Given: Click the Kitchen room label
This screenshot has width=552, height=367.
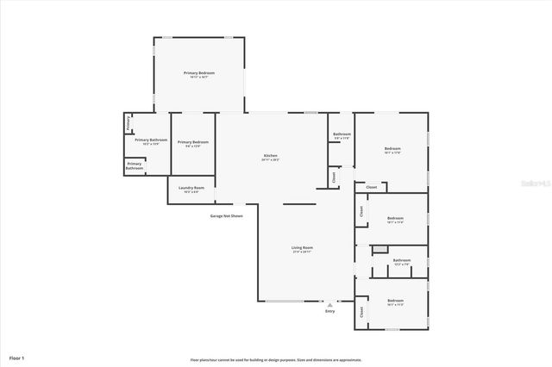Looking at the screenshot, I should (x=270, y=156).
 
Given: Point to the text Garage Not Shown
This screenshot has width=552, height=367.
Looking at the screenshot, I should (x=226, y=215).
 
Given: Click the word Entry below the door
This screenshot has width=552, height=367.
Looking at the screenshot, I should (x=329, y=311).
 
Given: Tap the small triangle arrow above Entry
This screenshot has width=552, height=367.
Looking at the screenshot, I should (x=329, y=304).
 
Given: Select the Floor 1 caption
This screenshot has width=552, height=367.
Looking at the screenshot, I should (x=17, y=357).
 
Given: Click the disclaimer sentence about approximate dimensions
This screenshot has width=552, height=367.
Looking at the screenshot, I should (x=276, y=360).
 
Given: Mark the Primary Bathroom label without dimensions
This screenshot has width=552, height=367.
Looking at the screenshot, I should (x=135, y=165).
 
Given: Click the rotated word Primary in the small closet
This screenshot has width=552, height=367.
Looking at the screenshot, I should (x=129, y=124).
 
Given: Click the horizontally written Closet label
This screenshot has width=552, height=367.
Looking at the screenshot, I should (x=372, y=187).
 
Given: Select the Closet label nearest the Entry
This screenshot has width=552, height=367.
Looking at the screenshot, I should (x=361, y=311).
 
